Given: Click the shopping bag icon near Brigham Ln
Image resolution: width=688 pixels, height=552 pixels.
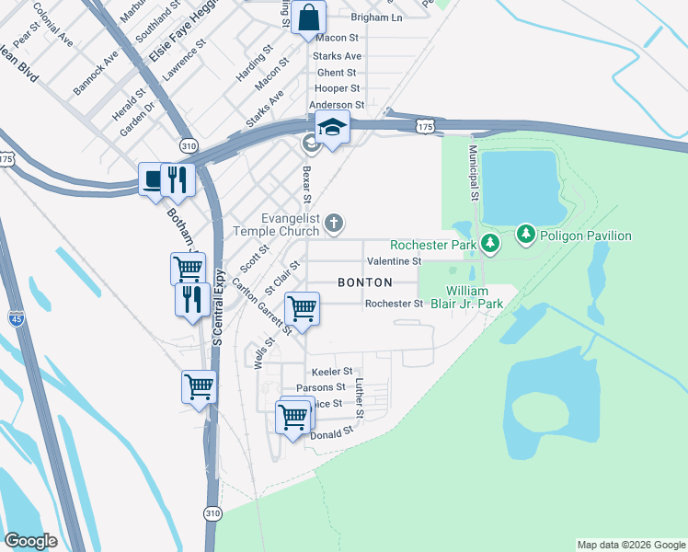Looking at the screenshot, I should click(309, 17).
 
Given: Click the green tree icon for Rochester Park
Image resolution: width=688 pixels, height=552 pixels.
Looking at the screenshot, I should click(491, 244).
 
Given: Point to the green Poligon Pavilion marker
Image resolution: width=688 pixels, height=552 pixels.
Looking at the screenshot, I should click(525, 236).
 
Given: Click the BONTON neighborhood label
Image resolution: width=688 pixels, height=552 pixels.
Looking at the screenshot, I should click(365, 282).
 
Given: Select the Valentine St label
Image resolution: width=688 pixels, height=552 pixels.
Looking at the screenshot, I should click(394, 262).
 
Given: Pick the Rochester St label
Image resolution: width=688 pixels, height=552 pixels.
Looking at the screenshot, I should click(394, 304).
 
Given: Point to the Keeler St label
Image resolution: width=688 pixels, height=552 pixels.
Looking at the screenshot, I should click(333, 371).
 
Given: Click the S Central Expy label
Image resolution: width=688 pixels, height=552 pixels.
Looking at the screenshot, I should click(219, 307).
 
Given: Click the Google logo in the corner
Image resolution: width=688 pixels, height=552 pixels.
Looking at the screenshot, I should click(31, 540).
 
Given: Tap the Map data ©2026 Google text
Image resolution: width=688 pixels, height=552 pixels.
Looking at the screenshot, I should click(630, 545).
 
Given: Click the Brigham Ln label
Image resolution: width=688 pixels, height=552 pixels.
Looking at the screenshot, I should click(377, 17).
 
